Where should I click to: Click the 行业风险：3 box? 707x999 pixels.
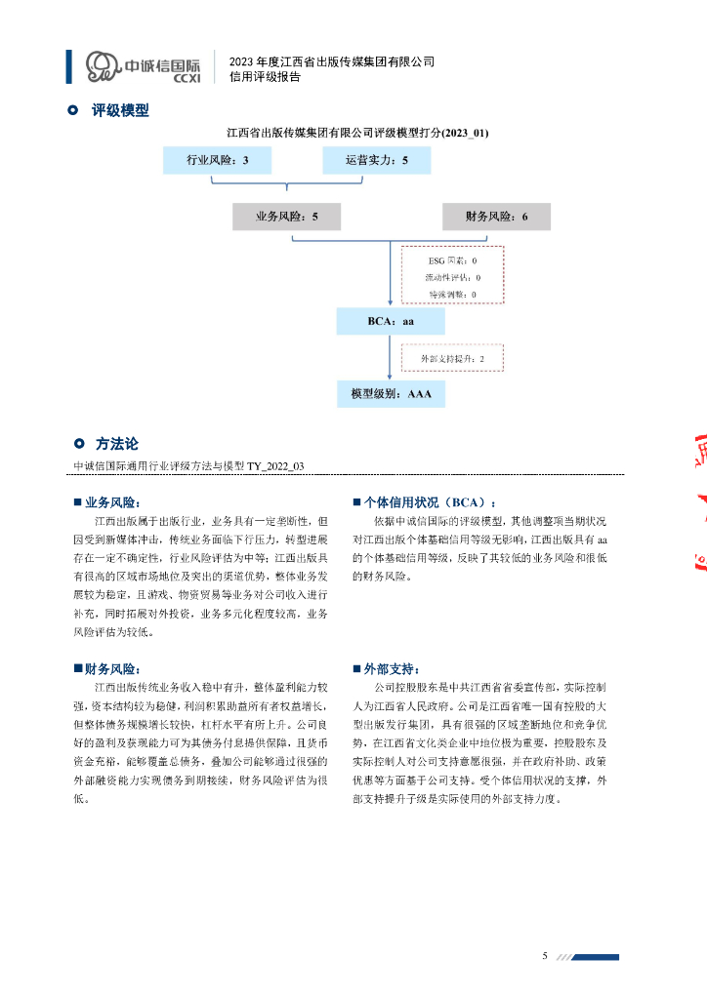click(x=211, y=160)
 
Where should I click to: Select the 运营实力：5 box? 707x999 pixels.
click(x=377, y=160)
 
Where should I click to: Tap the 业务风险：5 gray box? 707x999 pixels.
click(x=287, y=217)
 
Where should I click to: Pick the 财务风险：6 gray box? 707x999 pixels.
click(x=496, y=217)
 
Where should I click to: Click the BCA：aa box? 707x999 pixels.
click(x=390, y=321)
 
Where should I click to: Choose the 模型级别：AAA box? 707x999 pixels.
click(x=390, y=394)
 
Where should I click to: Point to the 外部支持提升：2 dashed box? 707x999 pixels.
click(x=452, y=359)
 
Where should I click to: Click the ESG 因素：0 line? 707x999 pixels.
click(x=452, y=261)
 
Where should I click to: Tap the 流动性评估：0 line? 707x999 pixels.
click(x=452, y=277)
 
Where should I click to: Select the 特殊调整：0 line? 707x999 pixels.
click(x=452, y=293)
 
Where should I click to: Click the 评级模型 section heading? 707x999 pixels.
click(x=120, y=110)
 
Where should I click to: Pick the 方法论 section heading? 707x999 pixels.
click(x=116, y=444)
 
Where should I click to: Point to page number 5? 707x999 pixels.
click(x=545, y=955)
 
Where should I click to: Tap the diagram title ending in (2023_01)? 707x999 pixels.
click(x=357, y=131)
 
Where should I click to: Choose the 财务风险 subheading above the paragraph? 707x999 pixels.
click(x=112, y=669)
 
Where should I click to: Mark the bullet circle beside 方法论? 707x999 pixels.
click(x=79, y=444)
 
